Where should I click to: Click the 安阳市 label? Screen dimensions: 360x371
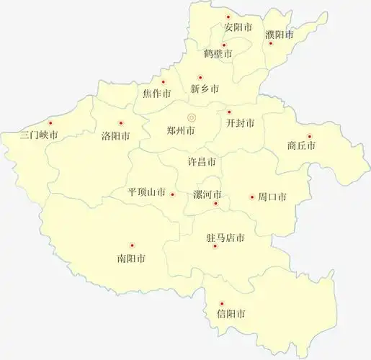pos(238,27)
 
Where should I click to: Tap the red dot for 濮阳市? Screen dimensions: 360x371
pos(271,43)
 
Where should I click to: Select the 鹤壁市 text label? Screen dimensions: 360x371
pos(218,54)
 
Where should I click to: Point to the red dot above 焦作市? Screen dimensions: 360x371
pos(163,82)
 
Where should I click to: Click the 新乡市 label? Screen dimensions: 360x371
pos(205,89)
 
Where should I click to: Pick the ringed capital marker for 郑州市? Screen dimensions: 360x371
pos(192,117)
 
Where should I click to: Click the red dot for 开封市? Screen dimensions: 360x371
pos(228,112)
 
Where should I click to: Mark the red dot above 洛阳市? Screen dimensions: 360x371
pos(120,123)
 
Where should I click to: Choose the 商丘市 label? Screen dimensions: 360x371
pos(301,145)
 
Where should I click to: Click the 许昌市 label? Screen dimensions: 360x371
pos(202,161)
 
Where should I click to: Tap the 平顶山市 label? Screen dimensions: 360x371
pos(147,193)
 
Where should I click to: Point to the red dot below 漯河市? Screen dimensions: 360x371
pos(215,204)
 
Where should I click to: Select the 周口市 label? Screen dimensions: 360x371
pos(272,197)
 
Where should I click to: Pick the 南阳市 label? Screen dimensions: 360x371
pos(131,258)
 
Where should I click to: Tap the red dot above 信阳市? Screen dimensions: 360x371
pos(221,304)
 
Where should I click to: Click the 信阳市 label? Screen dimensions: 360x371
pos(231,315)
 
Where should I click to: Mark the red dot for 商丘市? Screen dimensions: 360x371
pos(309,136)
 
